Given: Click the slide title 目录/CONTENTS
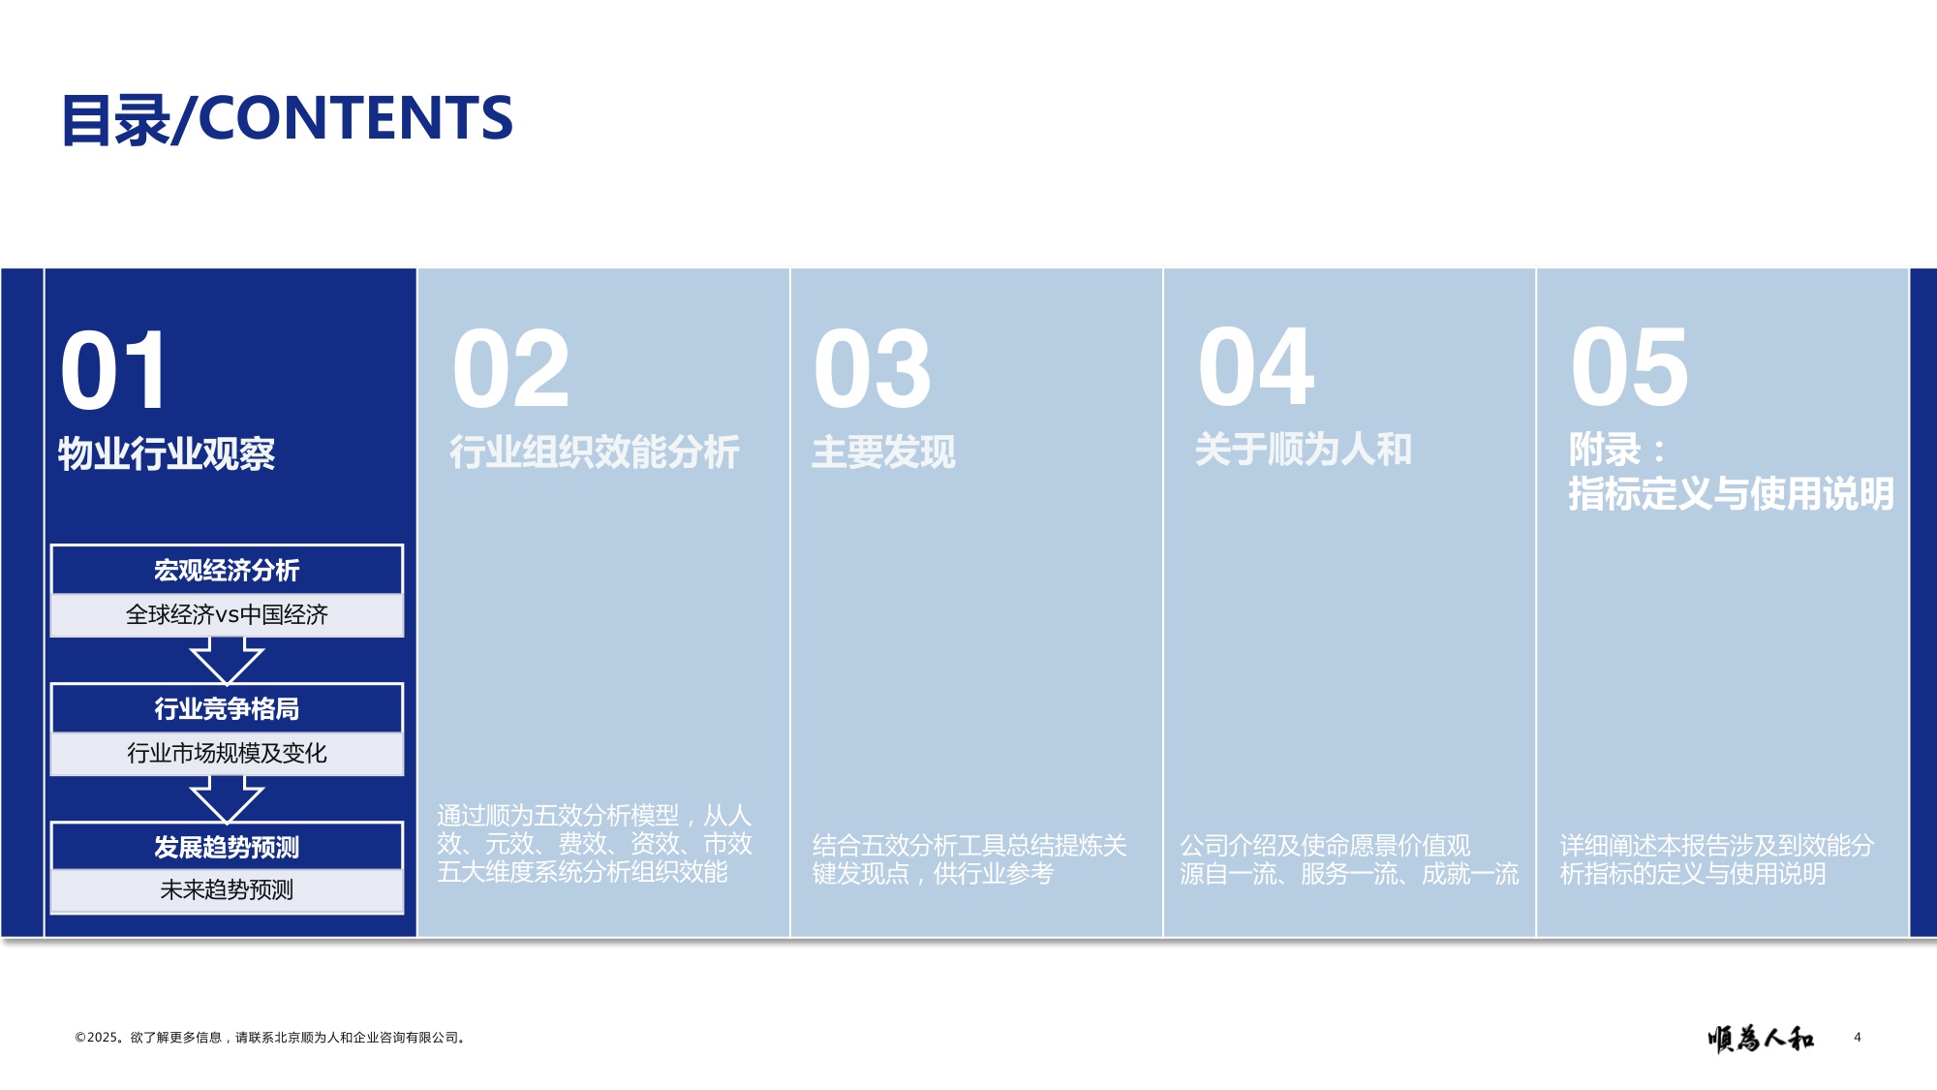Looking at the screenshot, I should pyautogui.click(x=287, y=118).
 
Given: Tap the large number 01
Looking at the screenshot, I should pyautogui.click(x=114, y=370).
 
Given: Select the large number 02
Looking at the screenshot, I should pyautogui.click(x=510, y=369).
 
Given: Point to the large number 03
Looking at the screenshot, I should pyautogui.click(x=872, y=369).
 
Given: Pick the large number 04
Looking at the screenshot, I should pyautogui.click(x=1255, y=367).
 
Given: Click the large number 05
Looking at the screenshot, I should pyautogui.click(x=1629, y=367).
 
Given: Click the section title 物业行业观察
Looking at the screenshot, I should pyautogui.click(x=167, y=453).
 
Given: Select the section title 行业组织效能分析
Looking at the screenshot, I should pyautogui.click(x=595, y=452).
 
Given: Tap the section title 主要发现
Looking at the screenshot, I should pyautogui.click(x=883, y=452).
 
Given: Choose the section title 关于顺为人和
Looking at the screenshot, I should pyautogui.click(x=1303, y=450).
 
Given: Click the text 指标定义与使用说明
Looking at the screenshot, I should pyautogui.click(x=1730, y=494).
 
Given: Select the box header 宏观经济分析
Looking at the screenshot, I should pyautogui.click(x=227, y=571).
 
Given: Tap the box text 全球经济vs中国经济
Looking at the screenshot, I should pyautogui.click(x=227, y=615).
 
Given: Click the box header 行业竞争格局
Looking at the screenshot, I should pyautogui.click(x=227, y=709).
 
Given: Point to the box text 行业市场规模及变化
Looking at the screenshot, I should pyautogui.click(x=227, y=754).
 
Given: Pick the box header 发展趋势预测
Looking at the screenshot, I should pyautogui.click(x=227, y=848).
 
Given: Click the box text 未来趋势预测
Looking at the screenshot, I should pyautogui.click(x=227, y=890).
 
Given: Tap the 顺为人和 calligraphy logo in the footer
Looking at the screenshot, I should pyautogui.click(x=1760, y=1039).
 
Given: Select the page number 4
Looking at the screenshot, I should pyautogui.click(x=1858, y=1038).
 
